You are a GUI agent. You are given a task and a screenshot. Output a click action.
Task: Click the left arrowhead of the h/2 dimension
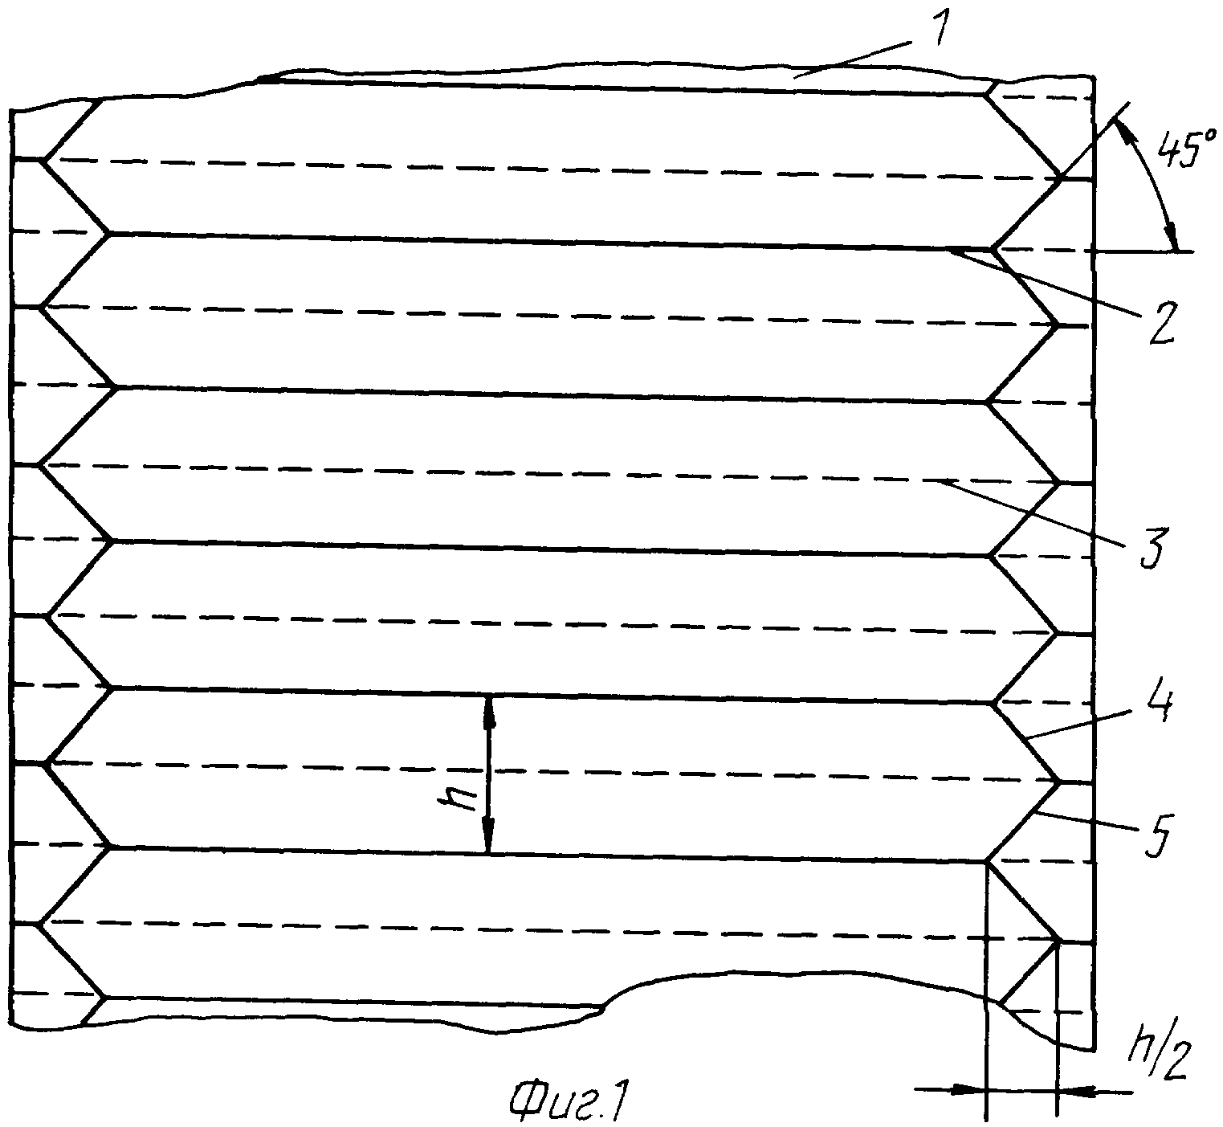tap(969, 1088)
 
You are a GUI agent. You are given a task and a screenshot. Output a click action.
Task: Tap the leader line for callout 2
tap(1042, 282)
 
